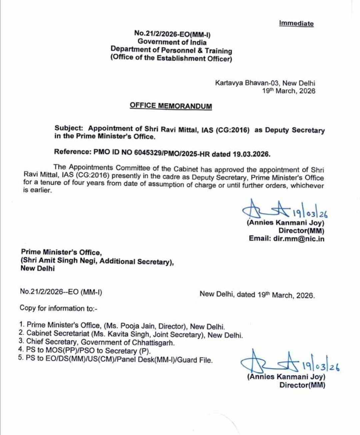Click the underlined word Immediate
pos(296,23)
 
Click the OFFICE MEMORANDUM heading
pos(171,106)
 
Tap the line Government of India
pos(172,42)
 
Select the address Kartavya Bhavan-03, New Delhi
pos(265,83)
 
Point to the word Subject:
pos(69,128)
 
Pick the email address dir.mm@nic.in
pos(299,238)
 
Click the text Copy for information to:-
pos(58,308)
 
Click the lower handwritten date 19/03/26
pos(321,366)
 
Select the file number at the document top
pos(172,34)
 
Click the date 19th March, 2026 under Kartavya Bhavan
pos(288,91)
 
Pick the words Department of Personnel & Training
pos(171,50)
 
